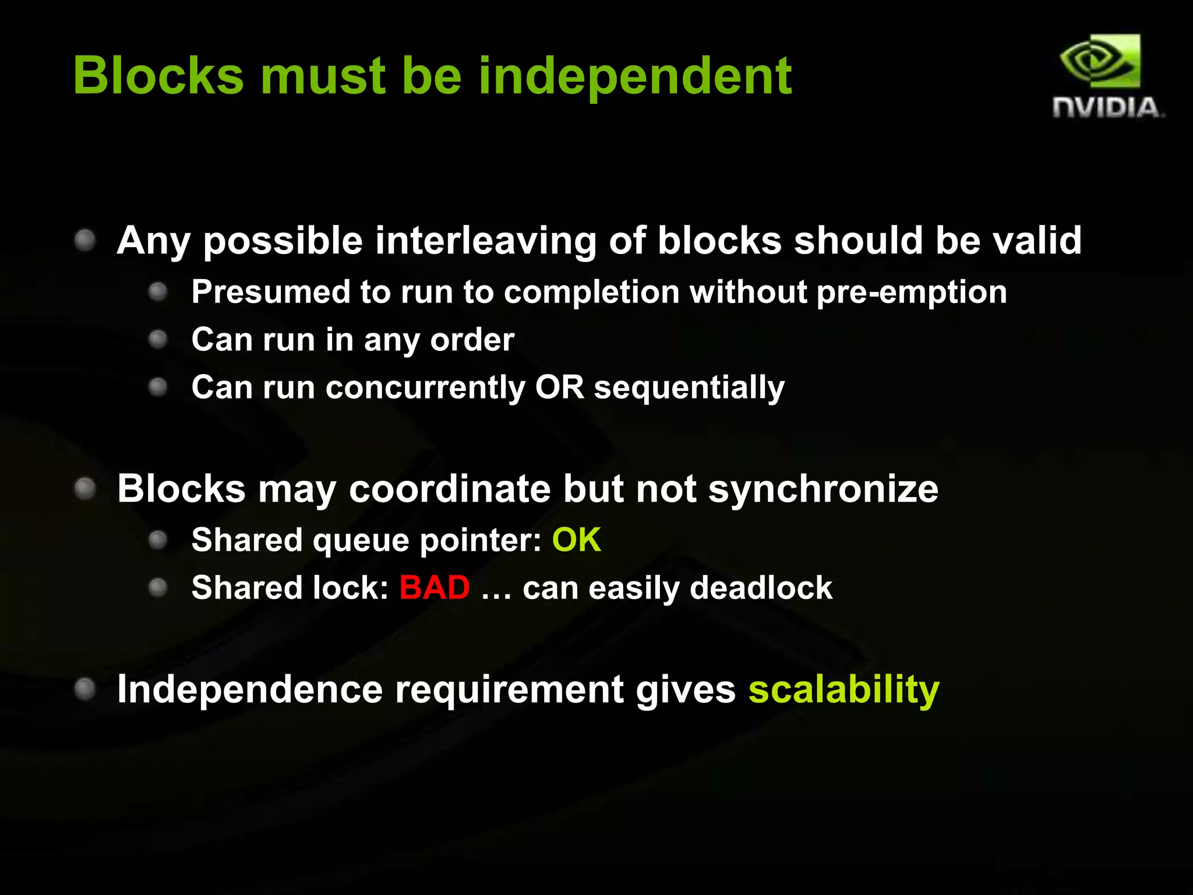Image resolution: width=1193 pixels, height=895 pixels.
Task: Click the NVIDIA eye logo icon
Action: (1100, 61)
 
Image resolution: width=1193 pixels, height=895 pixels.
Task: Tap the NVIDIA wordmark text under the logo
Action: (1107, 108)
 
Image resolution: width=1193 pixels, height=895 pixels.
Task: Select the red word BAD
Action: (435, 587)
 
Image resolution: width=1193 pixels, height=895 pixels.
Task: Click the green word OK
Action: (576, 540)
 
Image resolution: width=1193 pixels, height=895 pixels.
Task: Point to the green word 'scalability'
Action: (843, 690)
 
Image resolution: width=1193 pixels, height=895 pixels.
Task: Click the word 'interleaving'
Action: (485, 240)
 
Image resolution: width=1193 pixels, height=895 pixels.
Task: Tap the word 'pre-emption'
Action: (911, 292)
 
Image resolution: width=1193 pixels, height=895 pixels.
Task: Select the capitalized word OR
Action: (559, 387)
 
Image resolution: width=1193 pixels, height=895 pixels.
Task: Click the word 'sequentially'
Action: (689, 388)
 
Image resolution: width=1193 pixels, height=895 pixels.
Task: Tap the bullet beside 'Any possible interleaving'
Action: (85, 240)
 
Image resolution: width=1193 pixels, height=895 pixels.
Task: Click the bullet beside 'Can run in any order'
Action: (158, 339)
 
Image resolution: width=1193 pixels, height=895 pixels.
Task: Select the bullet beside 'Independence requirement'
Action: (85, 689)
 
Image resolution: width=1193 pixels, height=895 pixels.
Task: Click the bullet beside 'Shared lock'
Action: (158, 587)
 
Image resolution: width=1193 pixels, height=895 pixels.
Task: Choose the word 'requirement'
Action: (509, 690)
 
